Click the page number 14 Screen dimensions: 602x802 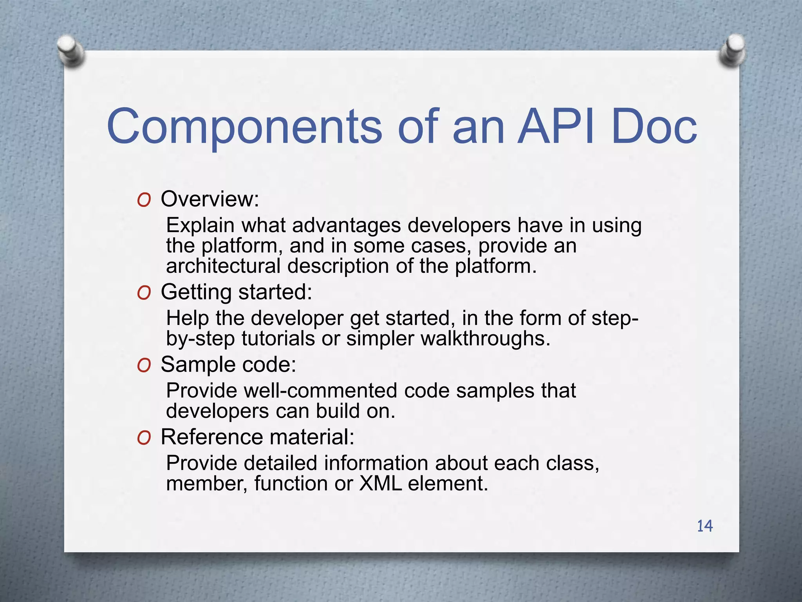pyautogui.click(x=704, y=526)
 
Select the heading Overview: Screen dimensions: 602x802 pyautogui.click(x=210, y=199)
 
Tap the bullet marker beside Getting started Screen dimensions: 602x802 pyautogui.click(x=144, y=293)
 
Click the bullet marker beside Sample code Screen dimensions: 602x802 pyautogui.click(x=144, y=365)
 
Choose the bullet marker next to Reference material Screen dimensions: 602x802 pyautogui.click(x=144, y=438)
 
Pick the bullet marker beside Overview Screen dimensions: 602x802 pyautogui.click(x=144, y=200)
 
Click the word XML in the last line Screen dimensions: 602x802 pyautogui.click(x=380, y=483)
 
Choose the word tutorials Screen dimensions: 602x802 pyautogui.click(x=278, y=339)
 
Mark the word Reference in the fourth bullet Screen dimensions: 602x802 pyautogui.click(x=211, y=437)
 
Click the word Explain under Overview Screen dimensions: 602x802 pyautogui.click(x=200, y=226)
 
